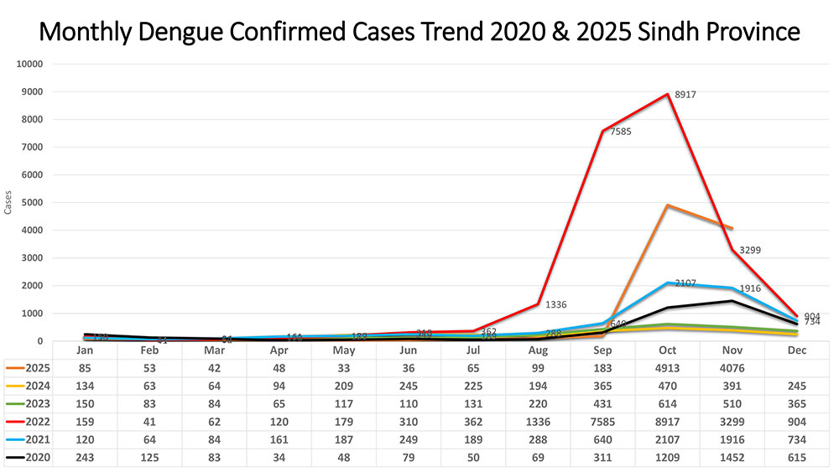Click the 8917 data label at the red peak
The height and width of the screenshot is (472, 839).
pos(683,96)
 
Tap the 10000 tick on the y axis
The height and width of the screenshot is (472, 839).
pos(33,65)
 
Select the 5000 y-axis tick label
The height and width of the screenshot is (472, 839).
pos(35,203)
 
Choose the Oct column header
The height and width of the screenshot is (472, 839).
pos(667,350)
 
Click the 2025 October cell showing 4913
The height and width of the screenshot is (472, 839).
pos(667,367)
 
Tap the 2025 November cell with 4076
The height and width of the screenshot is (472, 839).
pos(732,367)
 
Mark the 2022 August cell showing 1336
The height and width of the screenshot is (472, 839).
pos(537,422)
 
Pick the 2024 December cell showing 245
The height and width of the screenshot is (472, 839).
pos(796,386)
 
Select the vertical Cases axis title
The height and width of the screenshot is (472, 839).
pos(8,202)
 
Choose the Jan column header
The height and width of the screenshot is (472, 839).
pos(84,350)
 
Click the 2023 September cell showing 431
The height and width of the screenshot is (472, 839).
pos(602,404)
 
